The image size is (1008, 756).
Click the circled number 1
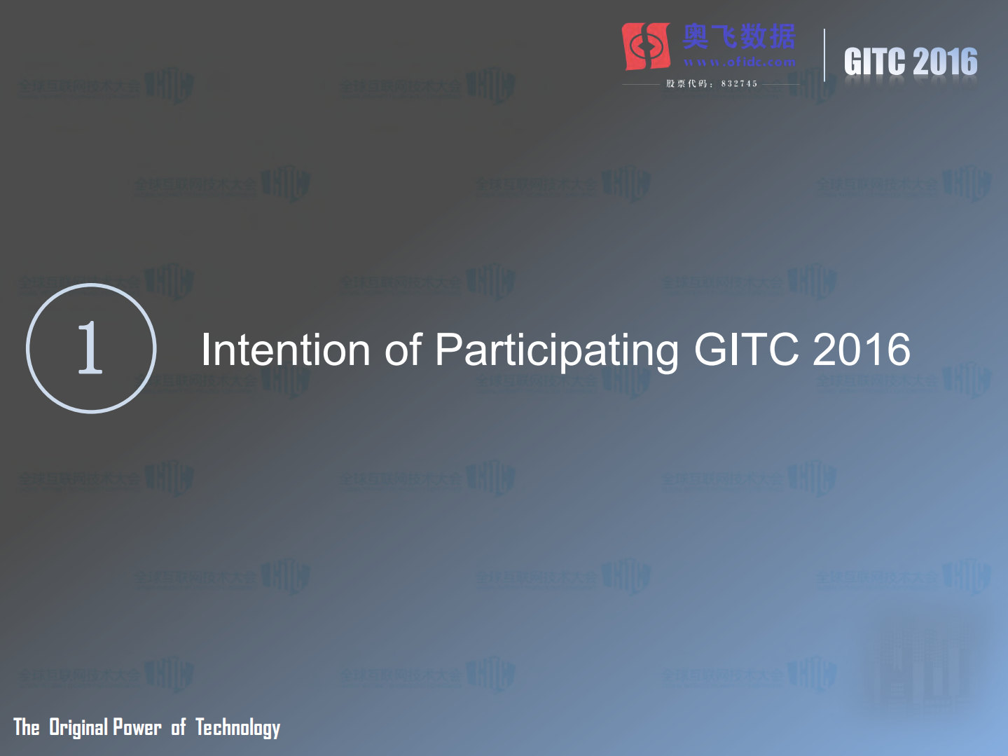pyautogui.click(x=91, y=348)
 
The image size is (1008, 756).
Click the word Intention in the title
pyautogui.click(x=285, y=350)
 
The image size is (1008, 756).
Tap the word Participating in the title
pyautogui.click(x=557, y=351)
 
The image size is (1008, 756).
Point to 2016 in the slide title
pyautogui.click(x=862, y=350)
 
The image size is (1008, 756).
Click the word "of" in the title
pyautogui.click(x=403, y=350)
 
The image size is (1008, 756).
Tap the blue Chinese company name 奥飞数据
pyautogui.click(x=740, y=36)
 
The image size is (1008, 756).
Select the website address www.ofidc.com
pyautogui.click(x=740, y=62)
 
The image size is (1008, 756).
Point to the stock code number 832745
pyautogui.click(x=739, y=84)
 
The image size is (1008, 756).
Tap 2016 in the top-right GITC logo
pyautogui.click(x=946, y=62)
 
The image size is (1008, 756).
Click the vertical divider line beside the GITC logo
pyautogui.click(x=824, y=55)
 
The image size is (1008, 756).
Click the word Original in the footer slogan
pyautogui.click(x=78, y=727)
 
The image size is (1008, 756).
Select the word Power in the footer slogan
pyautogui.click(x=137, y=727)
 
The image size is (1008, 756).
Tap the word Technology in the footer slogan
pyautogui.click(x=238, y=728)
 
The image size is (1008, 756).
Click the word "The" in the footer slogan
pyautogui.click(x=27, y=727)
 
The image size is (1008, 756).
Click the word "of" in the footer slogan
pyautogui.click(x=179, y=727)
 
